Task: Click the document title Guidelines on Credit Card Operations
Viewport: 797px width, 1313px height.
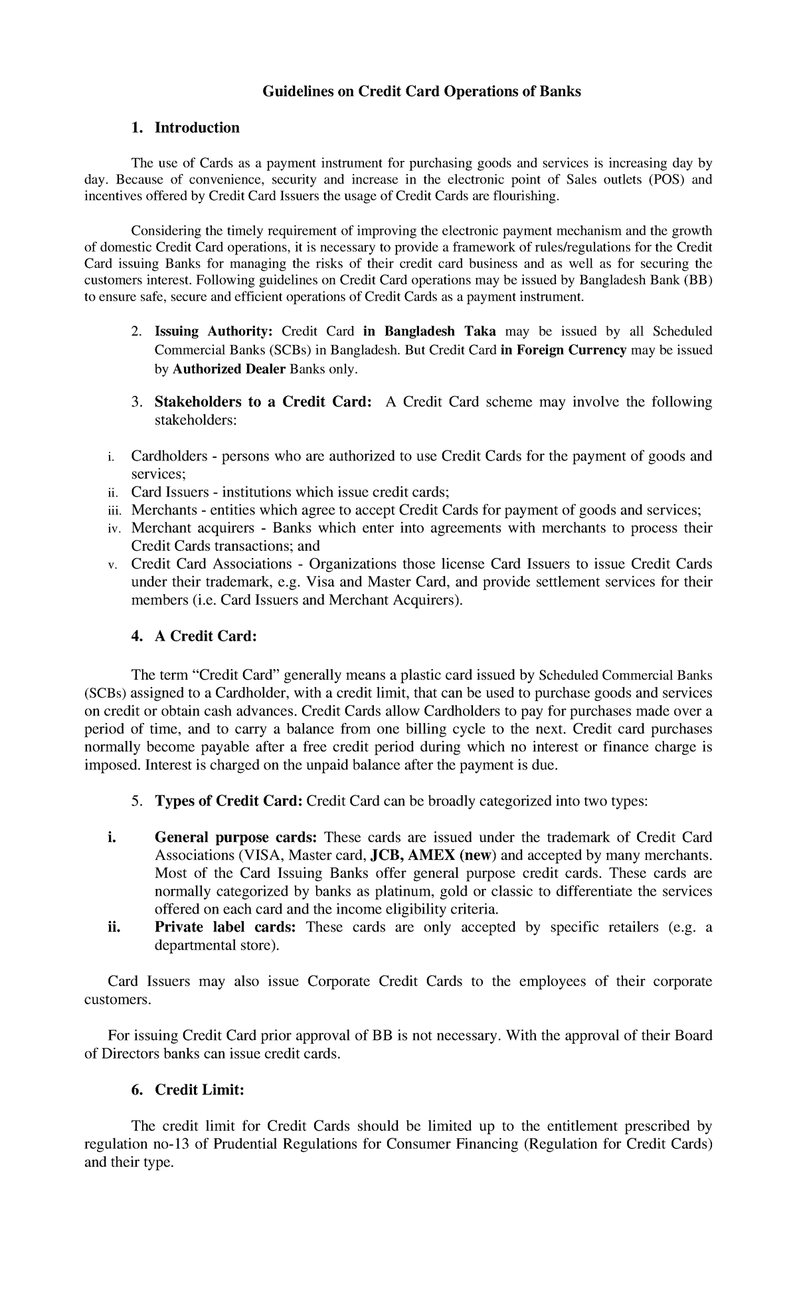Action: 421,92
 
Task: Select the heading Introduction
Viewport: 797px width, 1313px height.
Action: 197,128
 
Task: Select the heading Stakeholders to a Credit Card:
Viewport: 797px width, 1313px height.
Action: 262,402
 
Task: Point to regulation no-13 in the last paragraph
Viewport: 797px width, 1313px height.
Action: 130,1144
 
